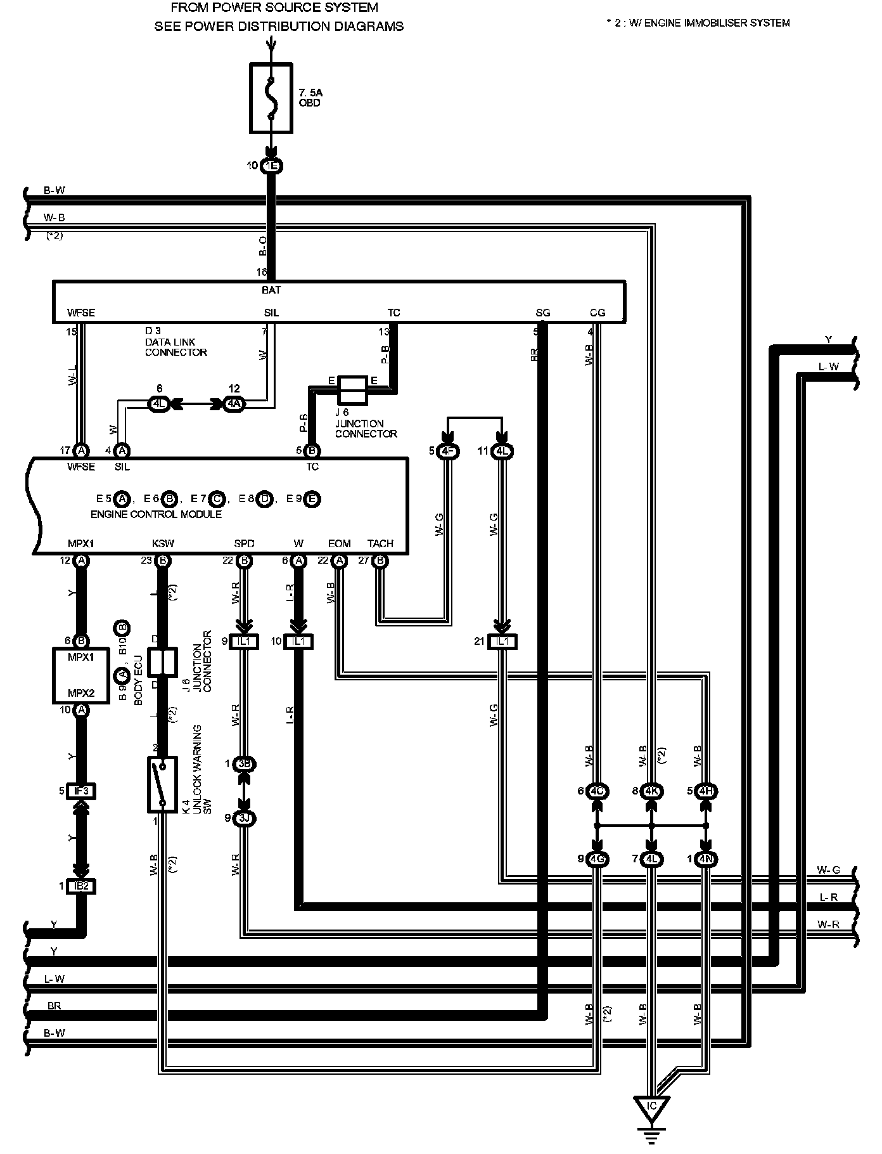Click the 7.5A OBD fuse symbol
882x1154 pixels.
[x=271, y=98]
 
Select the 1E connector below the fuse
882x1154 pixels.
[x=272, y=166]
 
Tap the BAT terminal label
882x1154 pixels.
[x=271, y=290]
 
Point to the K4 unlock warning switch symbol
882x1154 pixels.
[x=162, y=784]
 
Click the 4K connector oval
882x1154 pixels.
[x=652, y=791]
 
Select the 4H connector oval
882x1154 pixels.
[x=706, y=791]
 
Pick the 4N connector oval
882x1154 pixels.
[x=706, y=859]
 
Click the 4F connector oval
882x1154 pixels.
[x=449, y=451]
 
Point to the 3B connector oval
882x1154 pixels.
[x=245, y=764]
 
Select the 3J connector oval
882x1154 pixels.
[x=245, y=818]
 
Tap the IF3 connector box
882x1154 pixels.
[x=81, y=791]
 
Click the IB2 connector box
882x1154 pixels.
[x=81, y=886]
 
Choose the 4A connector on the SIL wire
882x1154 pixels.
[x=234, y=403]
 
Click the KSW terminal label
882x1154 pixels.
[x=163, y=543]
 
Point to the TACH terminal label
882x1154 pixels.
[x=380, y=543]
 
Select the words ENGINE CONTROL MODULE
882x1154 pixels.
[x=156, y=514]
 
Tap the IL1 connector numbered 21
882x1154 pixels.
[x=502, y=642]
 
